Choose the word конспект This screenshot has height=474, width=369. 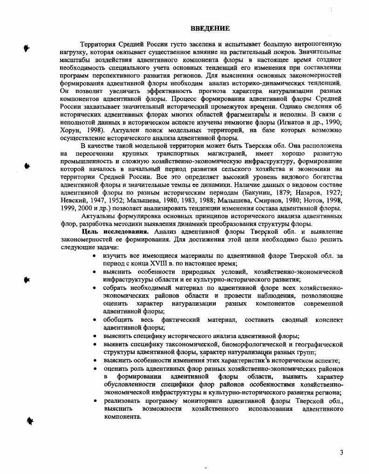coord(329,320)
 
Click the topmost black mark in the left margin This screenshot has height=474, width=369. coord(27,47)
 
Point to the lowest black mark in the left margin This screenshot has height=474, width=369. coord(30,421)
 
